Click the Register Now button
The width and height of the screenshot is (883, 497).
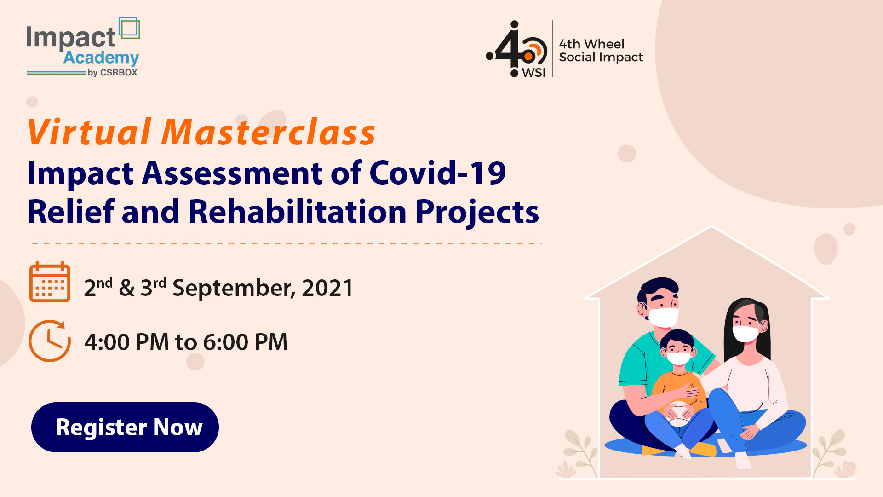(x=125, y=427)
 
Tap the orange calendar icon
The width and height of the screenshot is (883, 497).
(x=50, y=282)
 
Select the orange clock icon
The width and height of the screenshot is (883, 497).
(x=50, y=341)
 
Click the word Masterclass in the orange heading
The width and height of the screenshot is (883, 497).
(x=269, y=133)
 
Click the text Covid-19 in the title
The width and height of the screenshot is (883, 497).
(x=437, y=173)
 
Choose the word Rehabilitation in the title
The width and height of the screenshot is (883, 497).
(x=297, y=212)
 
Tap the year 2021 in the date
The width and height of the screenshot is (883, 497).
(x=327, y=288)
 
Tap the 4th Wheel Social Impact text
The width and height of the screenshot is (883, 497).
(x=601, y=51)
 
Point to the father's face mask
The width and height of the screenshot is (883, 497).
(x=663, y=317)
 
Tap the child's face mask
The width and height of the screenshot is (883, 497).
(x=678, y=358)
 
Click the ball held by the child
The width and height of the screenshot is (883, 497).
(x=678, y=413)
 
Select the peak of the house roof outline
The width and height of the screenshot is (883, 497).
(x=711, y=227)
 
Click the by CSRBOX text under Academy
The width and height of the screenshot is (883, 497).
(x=112, y=73)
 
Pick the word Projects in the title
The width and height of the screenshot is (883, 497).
(x=477, y=213)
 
